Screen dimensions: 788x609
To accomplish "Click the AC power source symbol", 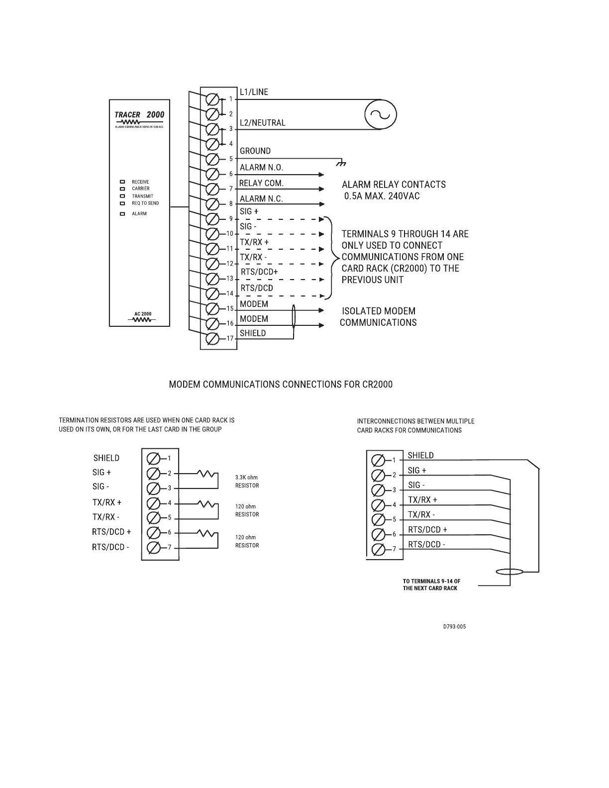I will point(381,115).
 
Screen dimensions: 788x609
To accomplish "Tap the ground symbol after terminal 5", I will point(341,163).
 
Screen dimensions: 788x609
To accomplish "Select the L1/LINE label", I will point(254,92).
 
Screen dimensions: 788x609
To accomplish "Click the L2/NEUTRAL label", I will point(263,123).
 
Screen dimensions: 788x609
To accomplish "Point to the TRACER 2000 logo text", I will point(139,115).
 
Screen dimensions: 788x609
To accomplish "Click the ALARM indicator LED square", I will point(122,214).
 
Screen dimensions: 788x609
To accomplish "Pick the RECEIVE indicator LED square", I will point(122,182).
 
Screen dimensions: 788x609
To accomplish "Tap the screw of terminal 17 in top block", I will point(212,338).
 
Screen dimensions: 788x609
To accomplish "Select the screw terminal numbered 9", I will point(212,219).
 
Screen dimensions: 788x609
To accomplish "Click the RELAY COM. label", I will point(261,183).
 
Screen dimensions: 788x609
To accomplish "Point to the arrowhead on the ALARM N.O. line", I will point(321,175).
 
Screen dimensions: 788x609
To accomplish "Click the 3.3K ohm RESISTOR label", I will point(247,482).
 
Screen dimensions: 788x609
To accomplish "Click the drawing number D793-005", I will point(454,626).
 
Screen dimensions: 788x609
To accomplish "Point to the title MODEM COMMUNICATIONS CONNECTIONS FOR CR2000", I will point(281,385).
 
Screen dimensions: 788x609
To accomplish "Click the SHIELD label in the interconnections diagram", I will point(420,455).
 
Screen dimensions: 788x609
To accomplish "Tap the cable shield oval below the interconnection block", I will point(509,572).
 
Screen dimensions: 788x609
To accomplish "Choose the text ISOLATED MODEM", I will point(379,311).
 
